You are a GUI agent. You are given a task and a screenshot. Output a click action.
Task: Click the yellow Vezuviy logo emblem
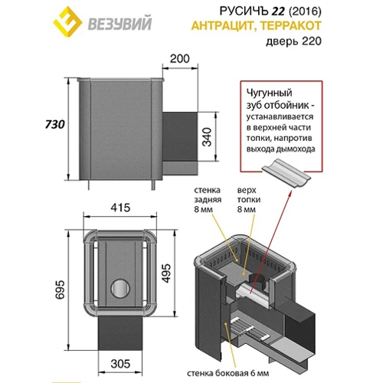(67, 21)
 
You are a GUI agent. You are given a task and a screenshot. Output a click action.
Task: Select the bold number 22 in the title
(277, 11)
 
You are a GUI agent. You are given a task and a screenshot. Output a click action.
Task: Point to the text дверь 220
(293, 41)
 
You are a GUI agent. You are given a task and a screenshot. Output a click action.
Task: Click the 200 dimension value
(180, 59)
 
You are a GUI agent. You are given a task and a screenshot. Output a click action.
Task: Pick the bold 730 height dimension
(55, 124)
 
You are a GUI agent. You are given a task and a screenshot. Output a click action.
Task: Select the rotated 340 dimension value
(207, 137)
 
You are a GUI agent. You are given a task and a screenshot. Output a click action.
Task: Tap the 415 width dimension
(120, 208)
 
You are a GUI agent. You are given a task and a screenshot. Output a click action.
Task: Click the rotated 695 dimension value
(61, 290)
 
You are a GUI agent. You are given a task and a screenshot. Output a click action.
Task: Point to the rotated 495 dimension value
(166, 273)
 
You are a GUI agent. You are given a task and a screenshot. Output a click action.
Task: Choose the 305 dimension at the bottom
(120, 364)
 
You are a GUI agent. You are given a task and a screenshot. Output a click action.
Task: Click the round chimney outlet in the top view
(120, 288)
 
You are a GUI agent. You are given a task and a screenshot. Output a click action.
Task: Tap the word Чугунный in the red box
(270, 93)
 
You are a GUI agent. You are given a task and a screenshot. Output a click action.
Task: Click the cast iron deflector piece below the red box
(286, 173)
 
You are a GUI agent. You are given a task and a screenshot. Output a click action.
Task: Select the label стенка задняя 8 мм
(208, 200)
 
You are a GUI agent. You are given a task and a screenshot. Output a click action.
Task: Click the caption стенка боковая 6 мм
(228, 373)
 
